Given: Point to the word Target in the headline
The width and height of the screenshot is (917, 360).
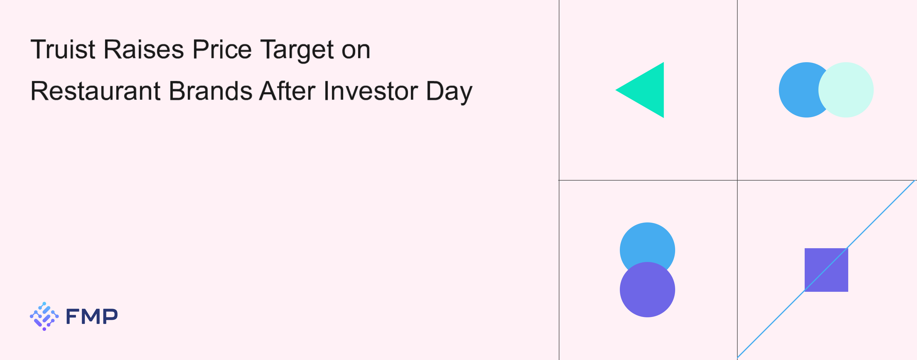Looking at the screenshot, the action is [297, 50].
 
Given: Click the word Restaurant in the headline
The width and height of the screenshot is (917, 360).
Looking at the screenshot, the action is [95, 91].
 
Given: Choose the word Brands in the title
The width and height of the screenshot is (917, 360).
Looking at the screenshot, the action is [210, 91].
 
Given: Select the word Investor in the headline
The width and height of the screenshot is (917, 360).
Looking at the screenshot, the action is [371, 91].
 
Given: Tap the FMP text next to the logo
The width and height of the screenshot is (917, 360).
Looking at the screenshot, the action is [92, 316].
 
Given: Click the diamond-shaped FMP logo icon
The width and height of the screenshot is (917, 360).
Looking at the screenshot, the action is [44, 316].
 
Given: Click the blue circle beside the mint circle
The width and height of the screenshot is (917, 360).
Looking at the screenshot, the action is [799, 90].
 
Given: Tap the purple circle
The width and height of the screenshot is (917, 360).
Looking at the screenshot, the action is [648, 289].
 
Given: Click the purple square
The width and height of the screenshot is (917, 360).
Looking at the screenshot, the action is [826, 270].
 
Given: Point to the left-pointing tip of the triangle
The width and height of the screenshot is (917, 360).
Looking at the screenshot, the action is [616, 90].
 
